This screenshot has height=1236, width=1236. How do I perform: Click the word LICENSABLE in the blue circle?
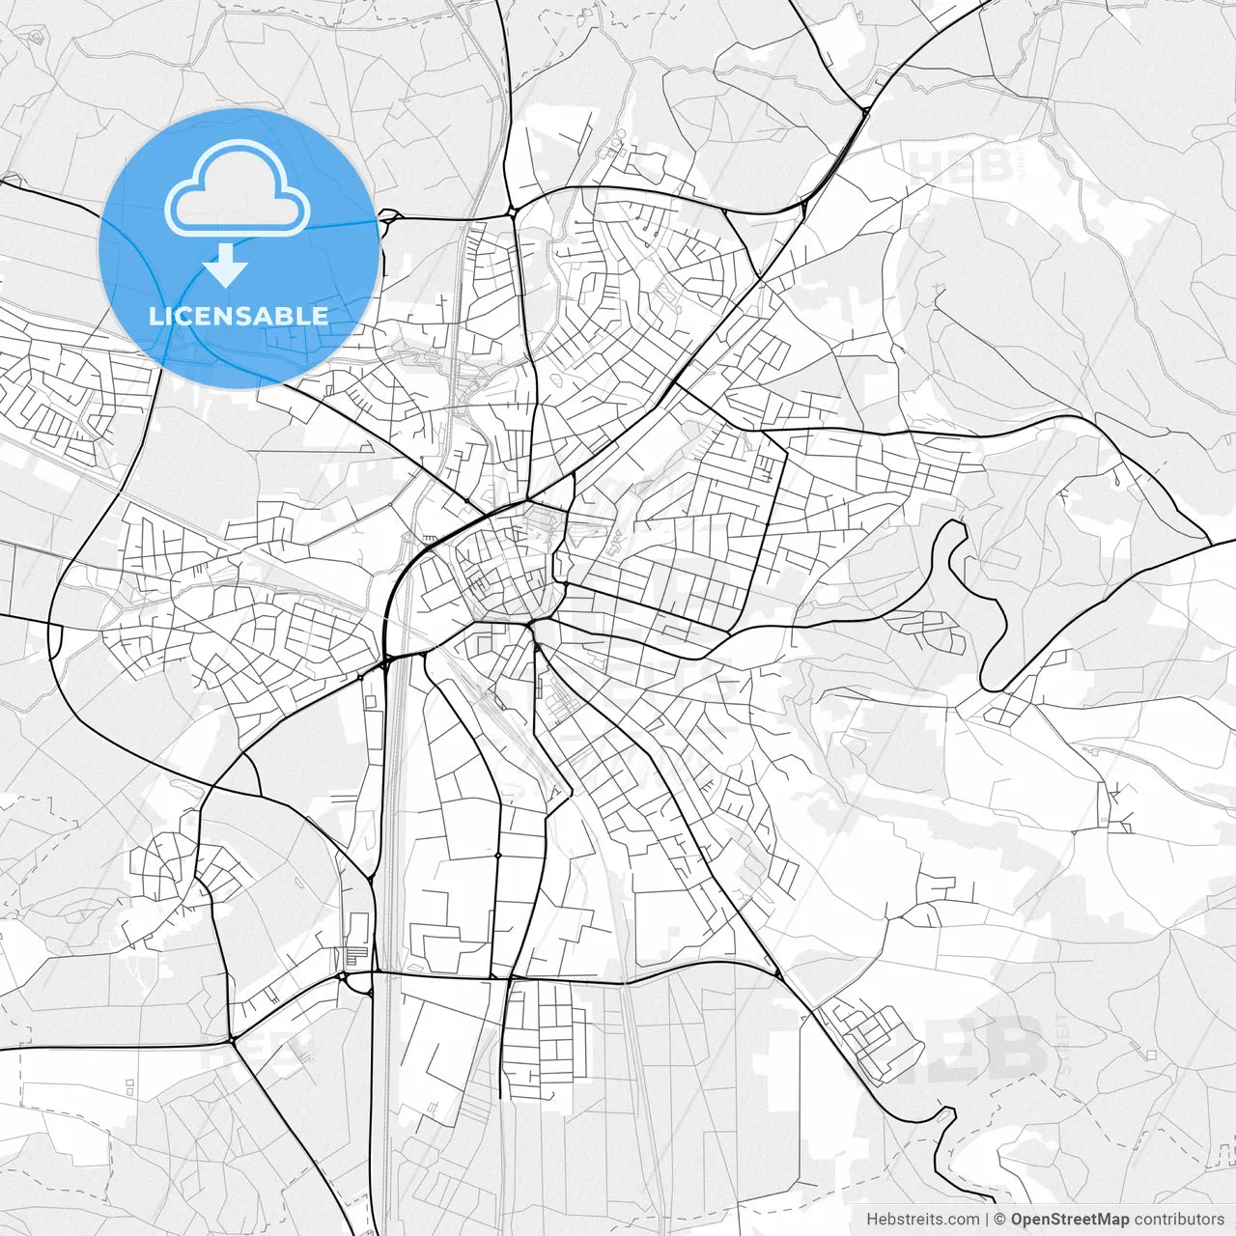click(x=239, y=316)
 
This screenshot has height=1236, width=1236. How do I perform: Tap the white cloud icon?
click(x=238, y=189)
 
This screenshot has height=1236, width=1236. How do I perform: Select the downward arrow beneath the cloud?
click(x=226, y=265)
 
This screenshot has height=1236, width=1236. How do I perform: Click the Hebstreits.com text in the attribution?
click(x=922, y=1220)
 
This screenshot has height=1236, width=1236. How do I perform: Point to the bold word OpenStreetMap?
click(x=1069, y=1220)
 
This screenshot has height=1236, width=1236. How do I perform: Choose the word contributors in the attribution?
click(x=1179, y=1220)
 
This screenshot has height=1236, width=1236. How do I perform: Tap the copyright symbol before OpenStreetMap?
click(x=1000, y=1220)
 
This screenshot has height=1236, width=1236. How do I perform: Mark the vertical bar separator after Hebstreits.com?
click(x=987, y=1220)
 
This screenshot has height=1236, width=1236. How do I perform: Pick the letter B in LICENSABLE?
click(x=288, y=316)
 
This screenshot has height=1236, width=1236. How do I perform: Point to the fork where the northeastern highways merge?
click(x=865, y=111)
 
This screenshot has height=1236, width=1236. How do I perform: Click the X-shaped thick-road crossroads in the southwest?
click(x=233, y=1040)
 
